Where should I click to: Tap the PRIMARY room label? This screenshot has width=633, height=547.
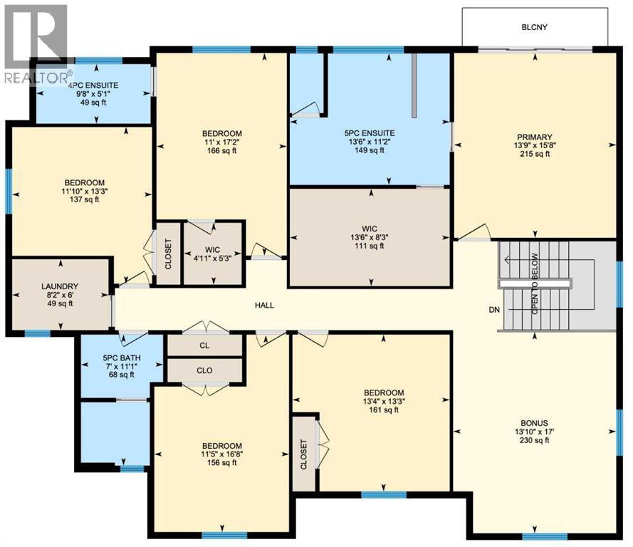(535, 137)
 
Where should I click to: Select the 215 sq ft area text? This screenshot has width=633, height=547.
(535, 155)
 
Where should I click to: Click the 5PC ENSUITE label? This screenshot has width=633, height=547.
(370, 132)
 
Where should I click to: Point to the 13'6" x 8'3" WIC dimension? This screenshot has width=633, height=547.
(370, 237)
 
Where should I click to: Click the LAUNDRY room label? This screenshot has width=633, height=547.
(60, 285)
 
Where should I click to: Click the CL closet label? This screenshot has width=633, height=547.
(204, 346)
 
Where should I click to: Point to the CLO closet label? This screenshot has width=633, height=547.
(204, 370)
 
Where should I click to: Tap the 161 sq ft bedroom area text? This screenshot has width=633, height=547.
(384, 410)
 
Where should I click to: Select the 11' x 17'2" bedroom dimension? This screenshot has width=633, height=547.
(221, 142)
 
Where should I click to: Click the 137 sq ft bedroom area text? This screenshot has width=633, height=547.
(83, 199)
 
